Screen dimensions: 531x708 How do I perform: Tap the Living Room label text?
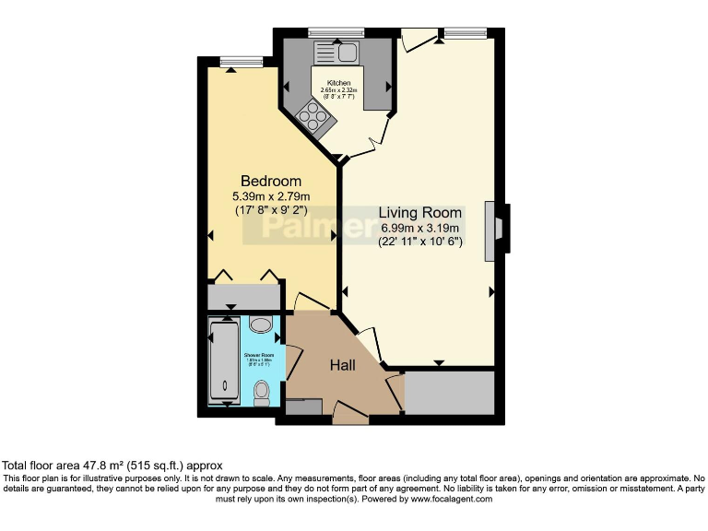420,211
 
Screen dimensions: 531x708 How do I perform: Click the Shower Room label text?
259,355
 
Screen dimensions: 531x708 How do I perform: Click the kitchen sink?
339,53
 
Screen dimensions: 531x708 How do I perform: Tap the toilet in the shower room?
262,393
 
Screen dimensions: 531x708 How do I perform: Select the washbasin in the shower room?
261,324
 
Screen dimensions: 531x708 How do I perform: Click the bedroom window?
241,62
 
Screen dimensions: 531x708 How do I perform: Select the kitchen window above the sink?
336,33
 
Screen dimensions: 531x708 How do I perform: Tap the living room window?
465,33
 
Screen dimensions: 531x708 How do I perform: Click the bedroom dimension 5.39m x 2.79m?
271,196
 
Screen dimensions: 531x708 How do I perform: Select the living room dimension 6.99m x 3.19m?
420,228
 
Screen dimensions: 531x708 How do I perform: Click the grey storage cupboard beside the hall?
450,394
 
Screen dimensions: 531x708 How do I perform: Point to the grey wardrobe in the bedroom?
243,297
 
